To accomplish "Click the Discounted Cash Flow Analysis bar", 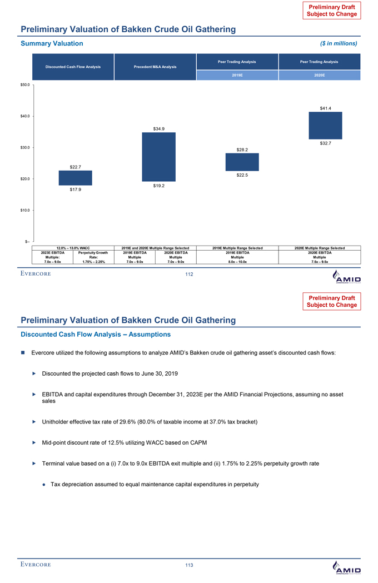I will pos(76,178).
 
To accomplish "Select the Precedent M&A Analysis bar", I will pos(158,157).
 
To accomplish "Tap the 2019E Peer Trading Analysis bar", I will pos(242,162).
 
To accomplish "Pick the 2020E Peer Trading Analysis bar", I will pos(325,125).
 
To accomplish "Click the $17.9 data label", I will pos(76,190).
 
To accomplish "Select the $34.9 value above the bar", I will pos(159,128).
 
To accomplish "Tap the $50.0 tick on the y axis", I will pos(24,85).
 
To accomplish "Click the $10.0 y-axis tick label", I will pos(24,210).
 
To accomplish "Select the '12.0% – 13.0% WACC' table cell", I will pos(73,248).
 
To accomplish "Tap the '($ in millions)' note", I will pos(338,43).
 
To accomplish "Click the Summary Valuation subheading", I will pos(52,43).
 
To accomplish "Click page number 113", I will pos(189,565).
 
